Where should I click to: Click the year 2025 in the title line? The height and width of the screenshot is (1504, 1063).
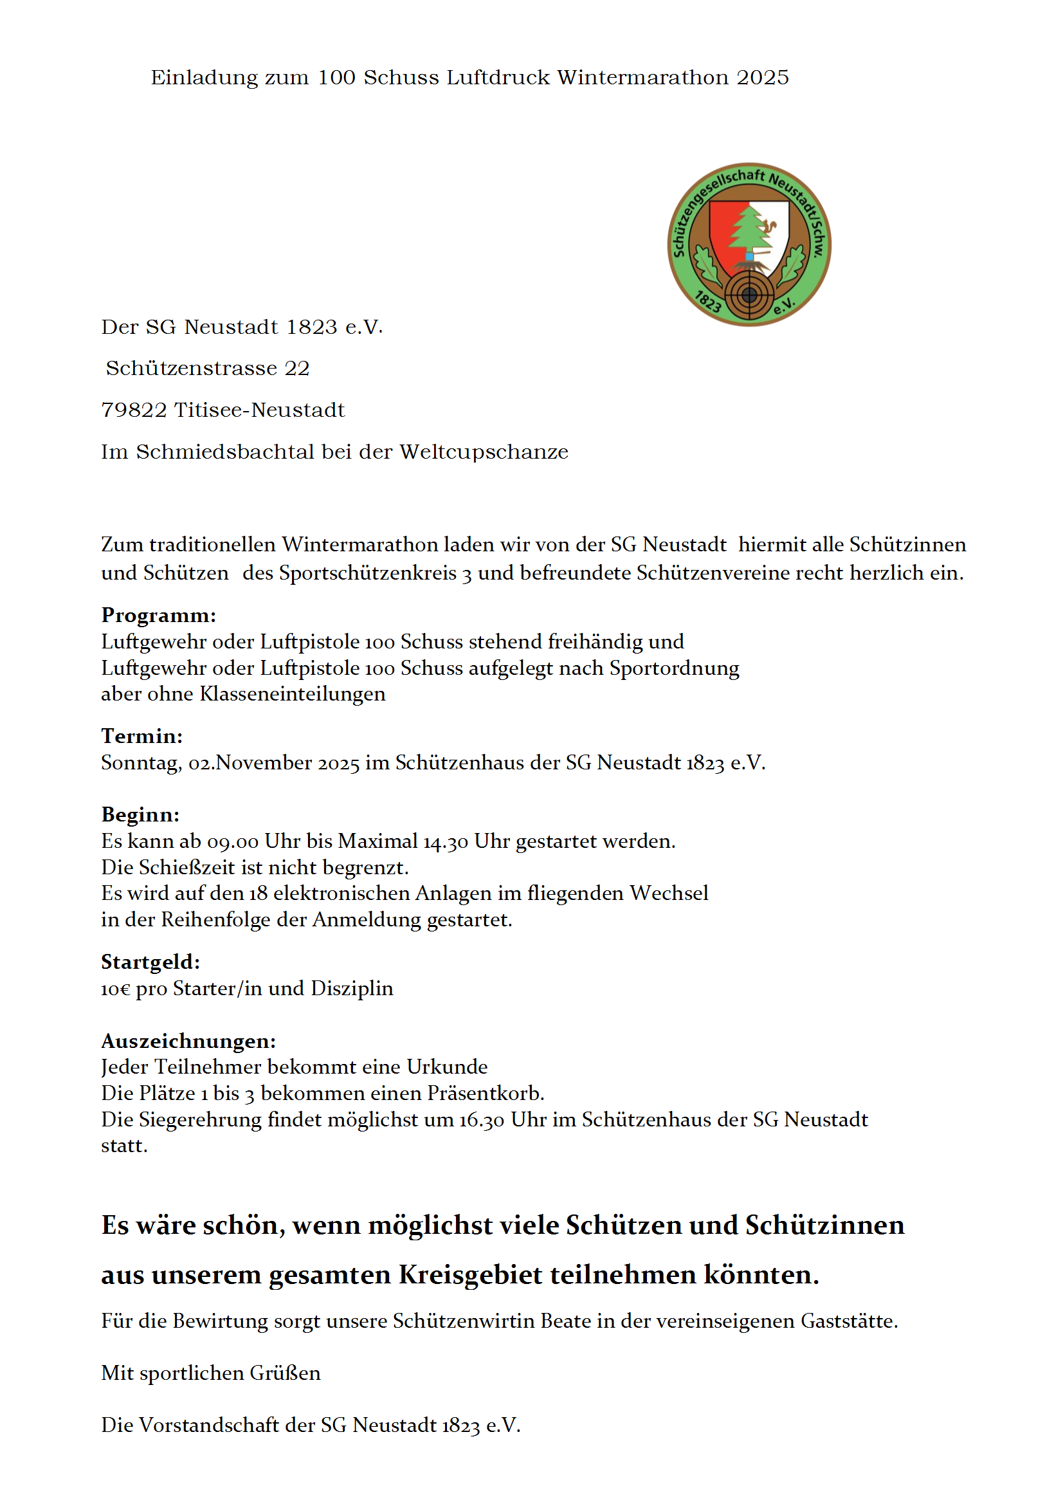point(763,77)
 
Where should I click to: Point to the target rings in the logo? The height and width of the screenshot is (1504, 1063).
point(749,295)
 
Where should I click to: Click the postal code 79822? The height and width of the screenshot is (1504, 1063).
point(134,410)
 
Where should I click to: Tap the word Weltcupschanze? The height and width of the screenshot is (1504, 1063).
point(484,452)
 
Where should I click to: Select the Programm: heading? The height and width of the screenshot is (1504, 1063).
point(158,615)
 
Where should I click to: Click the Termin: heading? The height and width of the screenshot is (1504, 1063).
point(142,736)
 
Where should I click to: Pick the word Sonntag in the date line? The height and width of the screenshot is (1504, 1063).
point(141,763)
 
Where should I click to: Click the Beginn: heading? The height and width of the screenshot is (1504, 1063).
point(140,814)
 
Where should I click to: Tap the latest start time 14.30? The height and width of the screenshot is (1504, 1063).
point(446,841)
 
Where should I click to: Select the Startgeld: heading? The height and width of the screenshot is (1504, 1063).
point(150,962)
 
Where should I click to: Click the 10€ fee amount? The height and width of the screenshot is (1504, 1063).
point(115,989)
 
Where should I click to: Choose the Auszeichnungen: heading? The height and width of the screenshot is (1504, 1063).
point(188,1041)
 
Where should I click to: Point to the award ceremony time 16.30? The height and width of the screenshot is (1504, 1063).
point(482,1119)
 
